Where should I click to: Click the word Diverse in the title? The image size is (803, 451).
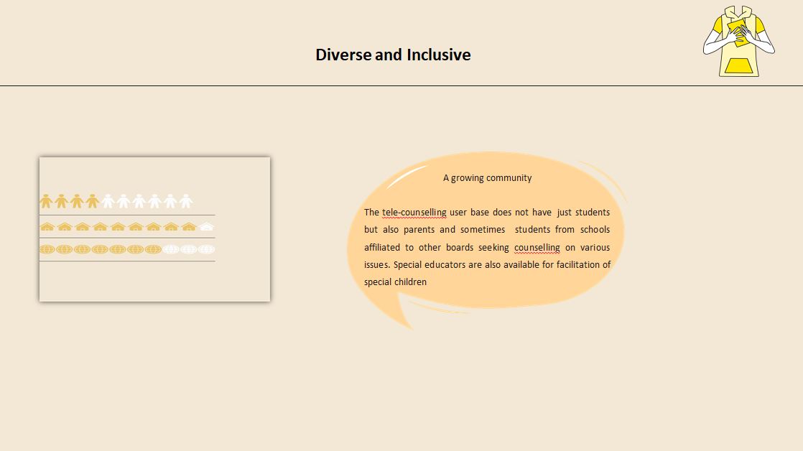point(343,55)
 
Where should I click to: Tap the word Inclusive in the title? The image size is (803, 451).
point(439,55)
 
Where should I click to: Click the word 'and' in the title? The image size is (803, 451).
point(388,55)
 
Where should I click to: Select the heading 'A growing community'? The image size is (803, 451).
point(487,177)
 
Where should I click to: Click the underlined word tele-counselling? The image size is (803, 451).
point(414,212)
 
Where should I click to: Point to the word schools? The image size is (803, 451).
point(595,230)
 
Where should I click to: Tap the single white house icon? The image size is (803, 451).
point(206,226)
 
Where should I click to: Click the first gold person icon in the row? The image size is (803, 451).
point(46,201)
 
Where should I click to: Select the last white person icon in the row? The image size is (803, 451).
point(186,201)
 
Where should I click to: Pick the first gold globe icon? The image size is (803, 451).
point(47,249)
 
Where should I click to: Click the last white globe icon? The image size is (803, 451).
point(206,249)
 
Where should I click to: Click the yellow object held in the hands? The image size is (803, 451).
point(738,31)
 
